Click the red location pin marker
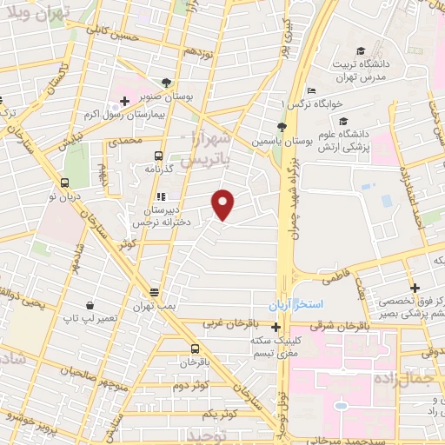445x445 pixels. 223,203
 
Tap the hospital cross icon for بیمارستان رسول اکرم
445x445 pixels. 125,101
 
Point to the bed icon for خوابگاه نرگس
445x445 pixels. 312,91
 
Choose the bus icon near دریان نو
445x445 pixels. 64,183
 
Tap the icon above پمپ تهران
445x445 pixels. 154,292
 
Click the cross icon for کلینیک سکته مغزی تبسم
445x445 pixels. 276,328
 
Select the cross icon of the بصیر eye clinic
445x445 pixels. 415,288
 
